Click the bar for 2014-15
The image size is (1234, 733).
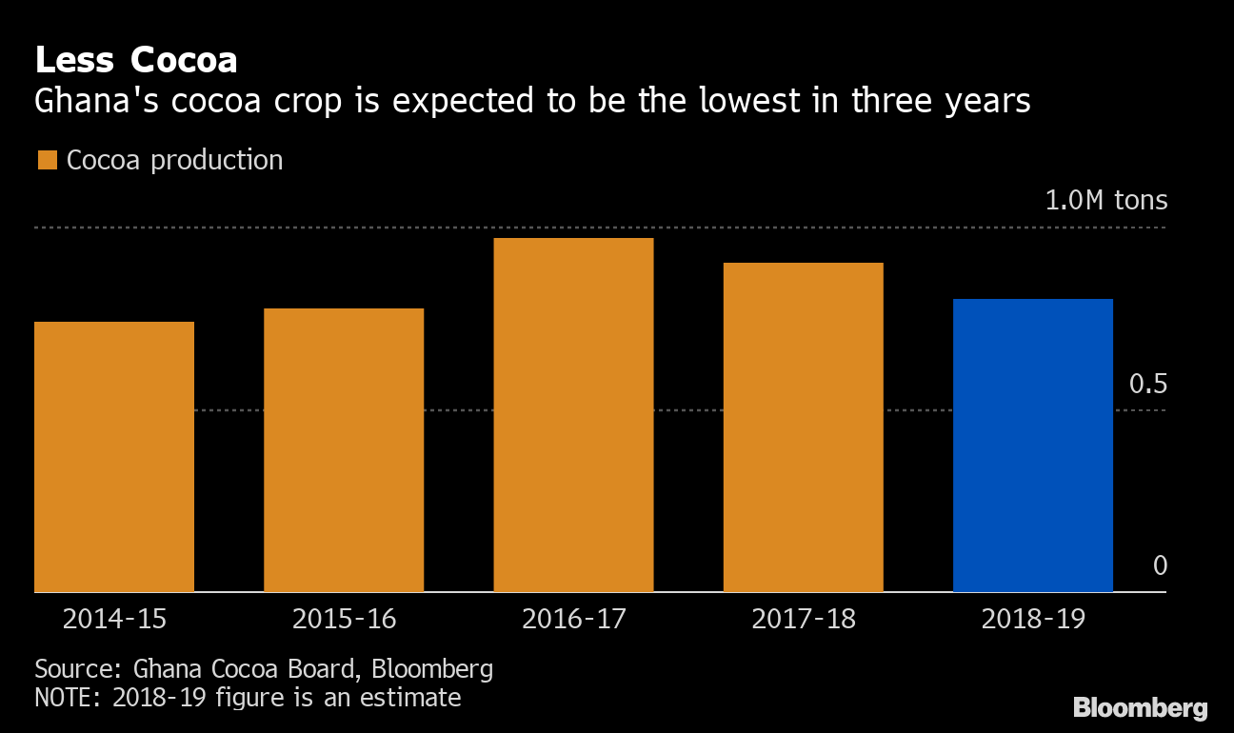pyautogui.click(x=114, y=457)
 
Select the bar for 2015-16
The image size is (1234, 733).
pyautogui.click(x=344, y=450)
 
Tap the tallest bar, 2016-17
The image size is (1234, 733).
pyautogui.click(x=573, y=415)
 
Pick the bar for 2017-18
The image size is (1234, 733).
pyautogui.click(x=803, y=427)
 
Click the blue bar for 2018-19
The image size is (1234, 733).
pyautogui.click(x=1033, y=446)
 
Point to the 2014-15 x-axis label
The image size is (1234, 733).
pyautogui.click(x=114, y=619)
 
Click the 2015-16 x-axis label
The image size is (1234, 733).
pyautogui.click(x=344, y=619)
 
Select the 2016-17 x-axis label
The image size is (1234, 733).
pyautogui.click(x=573, y=619)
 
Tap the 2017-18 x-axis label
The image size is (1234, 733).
pyautogui.click(x=804, y=619)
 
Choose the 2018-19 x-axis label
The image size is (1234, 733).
pyautogui.click(x=1033, y=619)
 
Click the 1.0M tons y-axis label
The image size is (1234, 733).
pyautogui.click(x=1105, y=201)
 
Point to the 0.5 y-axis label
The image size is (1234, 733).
pyautogui.click(x=1147, y=385)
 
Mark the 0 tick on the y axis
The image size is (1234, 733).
pyautogui.click(x=1160, y=566)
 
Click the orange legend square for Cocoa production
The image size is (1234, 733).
pyautogui.click(x=47, y=160)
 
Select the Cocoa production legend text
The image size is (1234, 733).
pyautogui.click(x=174, y=160)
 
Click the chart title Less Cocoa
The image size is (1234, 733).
pyautogui.click(x=135, y=60)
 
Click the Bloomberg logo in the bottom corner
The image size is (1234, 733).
pyautogui.click(x=1140, y=708)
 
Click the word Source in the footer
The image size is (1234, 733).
pyautogui.click(x=72, y=668)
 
